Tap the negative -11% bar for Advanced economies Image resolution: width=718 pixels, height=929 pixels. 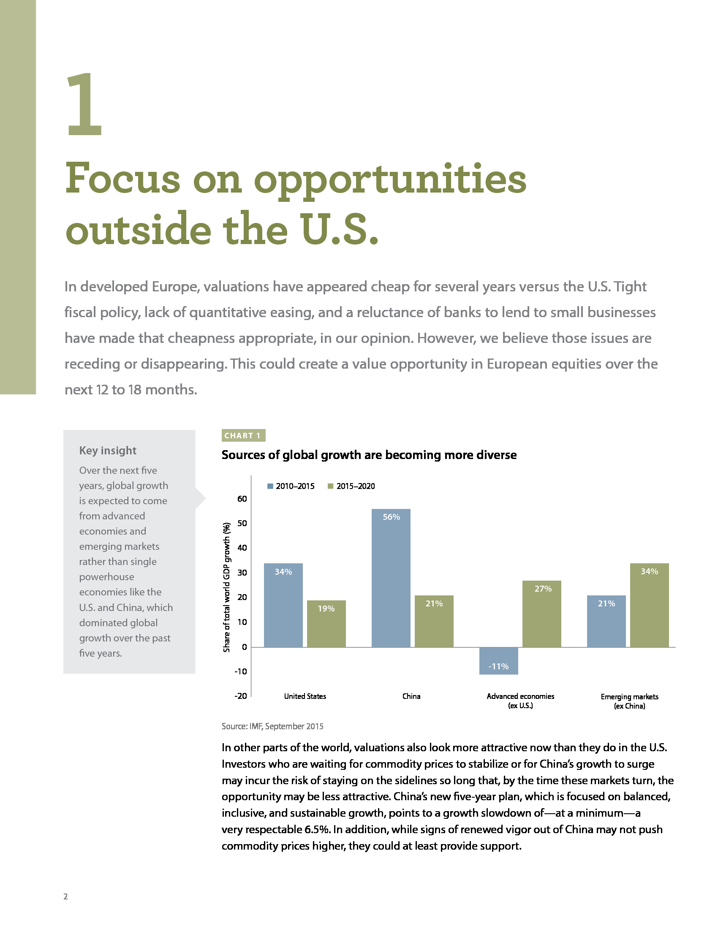pos(498,660)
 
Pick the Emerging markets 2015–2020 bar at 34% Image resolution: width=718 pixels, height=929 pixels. pos(649,605)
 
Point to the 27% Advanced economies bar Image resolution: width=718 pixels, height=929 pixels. pos(541,614)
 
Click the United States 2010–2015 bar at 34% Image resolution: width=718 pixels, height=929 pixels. pos(283,605)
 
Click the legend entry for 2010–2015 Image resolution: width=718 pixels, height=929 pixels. pos(291,486)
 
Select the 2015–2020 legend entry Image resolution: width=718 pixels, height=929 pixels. pos(351,486)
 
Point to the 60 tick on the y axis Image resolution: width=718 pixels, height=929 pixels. pos(242,499)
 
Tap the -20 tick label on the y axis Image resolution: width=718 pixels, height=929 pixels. pos(241,696)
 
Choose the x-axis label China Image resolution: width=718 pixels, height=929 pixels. pos(411,696)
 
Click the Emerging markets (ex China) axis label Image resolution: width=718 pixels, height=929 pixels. pos(629,701)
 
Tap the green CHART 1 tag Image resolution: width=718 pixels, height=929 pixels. pos(243,436)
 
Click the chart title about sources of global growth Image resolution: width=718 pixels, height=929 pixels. pos(369,455)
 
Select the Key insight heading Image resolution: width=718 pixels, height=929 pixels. pos(108,451)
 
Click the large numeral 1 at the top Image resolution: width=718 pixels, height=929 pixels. pos(85,105)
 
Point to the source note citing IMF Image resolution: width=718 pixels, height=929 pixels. pos(272,726)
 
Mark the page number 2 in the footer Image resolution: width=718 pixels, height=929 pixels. pos(65,896)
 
